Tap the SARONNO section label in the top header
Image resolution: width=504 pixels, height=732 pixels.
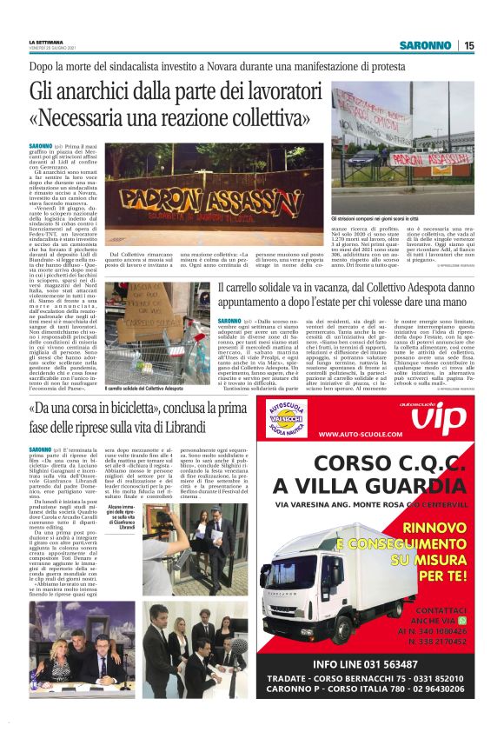[x=425, y=45]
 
